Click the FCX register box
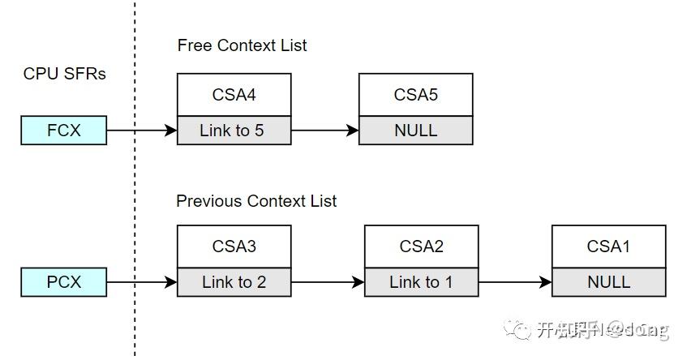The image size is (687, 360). coord(64,130)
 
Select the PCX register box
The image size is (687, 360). coord(64,282)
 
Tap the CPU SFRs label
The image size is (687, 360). coord(65,74)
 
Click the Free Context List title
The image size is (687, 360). coord(242,45)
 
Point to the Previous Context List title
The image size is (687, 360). coord(256,200)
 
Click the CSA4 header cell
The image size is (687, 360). coord(234,95)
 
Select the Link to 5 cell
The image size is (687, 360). coord(234,131)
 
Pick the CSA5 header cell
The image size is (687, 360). coord(415,95)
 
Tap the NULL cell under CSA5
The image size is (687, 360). coord(415,131)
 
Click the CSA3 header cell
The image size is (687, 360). coord(234,246)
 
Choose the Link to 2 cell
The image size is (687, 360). coord(234,282)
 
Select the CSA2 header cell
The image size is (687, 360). coord(421,246)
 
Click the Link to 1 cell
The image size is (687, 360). coord(421,282)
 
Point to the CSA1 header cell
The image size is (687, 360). coord(608,246)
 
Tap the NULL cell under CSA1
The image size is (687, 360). coord(608,282)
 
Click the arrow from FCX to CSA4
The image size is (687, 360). coord(142,130)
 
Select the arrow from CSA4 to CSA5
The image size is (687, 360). coord(324,130)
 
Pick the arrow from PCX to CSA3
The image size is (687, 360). coord(142,282)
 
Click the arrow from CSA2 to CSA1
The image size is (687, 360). coord(515,282)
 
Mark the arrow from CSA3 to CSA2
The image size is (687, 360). coord(328,282)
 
